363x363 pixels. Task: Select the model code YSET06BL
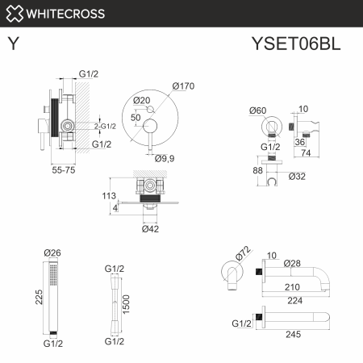pos(295,44)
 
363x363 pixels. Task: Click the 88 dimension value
pos(258,170)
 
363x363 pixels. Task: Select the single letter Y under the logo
pos(13,44)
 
